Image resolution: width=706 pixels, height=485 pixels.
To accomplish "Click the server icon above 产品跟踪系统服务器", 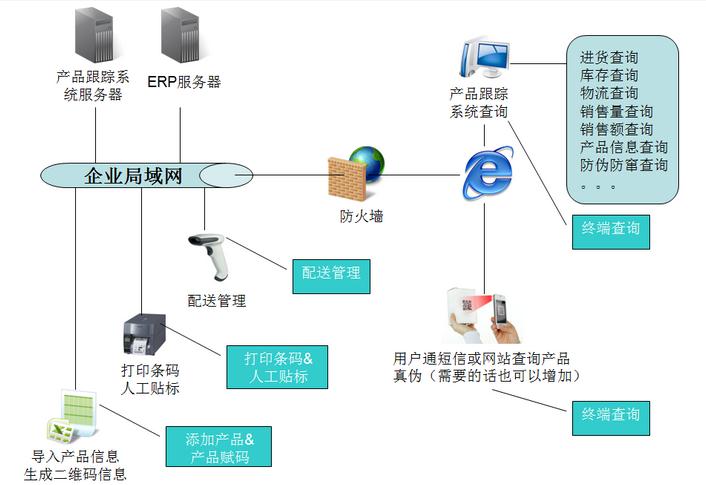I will point(95,35).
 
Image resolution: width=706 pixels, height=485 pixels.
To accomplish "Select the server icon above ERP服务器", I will point(181,35).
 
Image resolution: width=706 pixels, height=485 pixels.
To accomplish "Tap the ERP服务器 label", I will point(184,81).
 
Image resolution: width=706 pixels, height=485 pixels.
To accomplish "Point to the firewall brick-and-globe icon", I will point(356,174).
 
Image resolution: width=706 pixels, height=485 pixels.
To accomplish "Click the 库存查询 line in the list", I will point(609,75).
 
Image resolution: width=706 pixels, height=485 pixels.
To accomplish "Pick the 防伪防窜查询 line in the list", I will point(624,165).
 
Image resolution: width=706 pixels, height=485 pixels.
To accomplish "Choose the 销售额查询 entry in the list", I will point(616,129).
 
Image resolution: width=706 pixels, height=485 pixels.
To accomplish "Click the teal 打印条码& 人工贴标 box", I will point(279,367).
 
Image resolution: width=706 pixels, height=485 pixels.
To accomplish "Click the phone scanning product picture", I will point(484,314).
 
